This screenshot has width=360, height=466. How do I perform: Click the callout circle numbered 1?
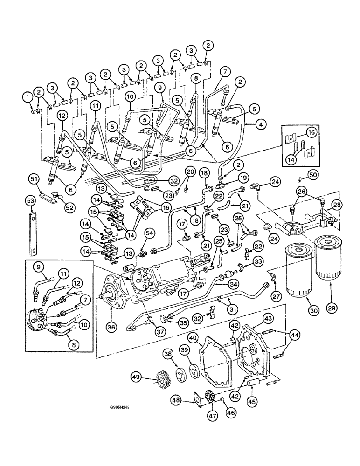pos(28,97)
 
